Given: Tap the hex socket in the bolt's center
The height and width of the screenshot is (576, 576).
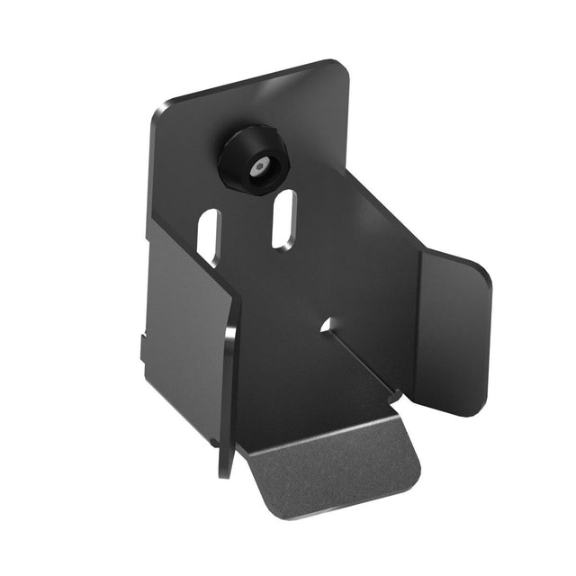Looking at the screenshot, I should click(260, 167).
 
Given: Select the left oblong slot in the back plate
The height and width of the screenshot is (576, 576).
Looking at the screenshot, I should click(209, 237).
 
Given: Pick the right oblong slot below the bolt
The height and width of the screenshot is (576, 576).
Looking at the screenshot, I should click(283, 218).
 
